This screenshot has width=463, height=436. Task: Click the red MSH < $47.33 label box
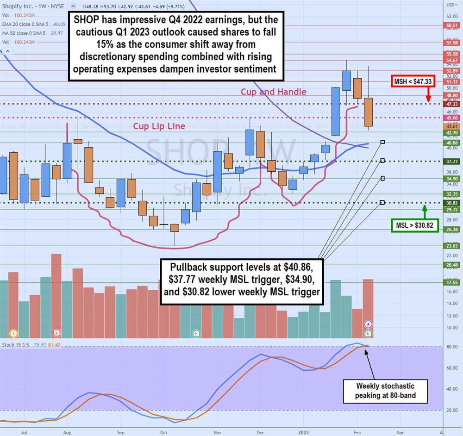(x=413, y=81)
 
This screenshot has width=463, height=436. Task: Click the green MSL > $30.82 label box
(x=413, y=226)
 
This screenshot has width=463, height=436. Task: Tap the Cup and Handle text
(x=273, y=92)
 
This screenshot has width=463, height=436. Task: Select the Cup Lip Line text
(x=159, y=126)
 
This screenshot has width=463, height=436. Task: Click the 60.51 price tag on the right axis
(x=452, y=25)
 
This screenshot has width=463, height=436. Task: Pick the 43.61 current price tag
(x=452, y=126)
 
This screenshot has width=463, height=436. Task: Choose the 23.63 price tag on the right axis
(x=452, y=246)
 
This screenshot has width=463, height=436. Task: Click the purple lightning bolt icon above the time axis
(x=369, y=324)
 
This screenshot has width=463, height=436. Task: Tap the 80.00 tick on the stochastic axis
(x=451, y=347)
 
